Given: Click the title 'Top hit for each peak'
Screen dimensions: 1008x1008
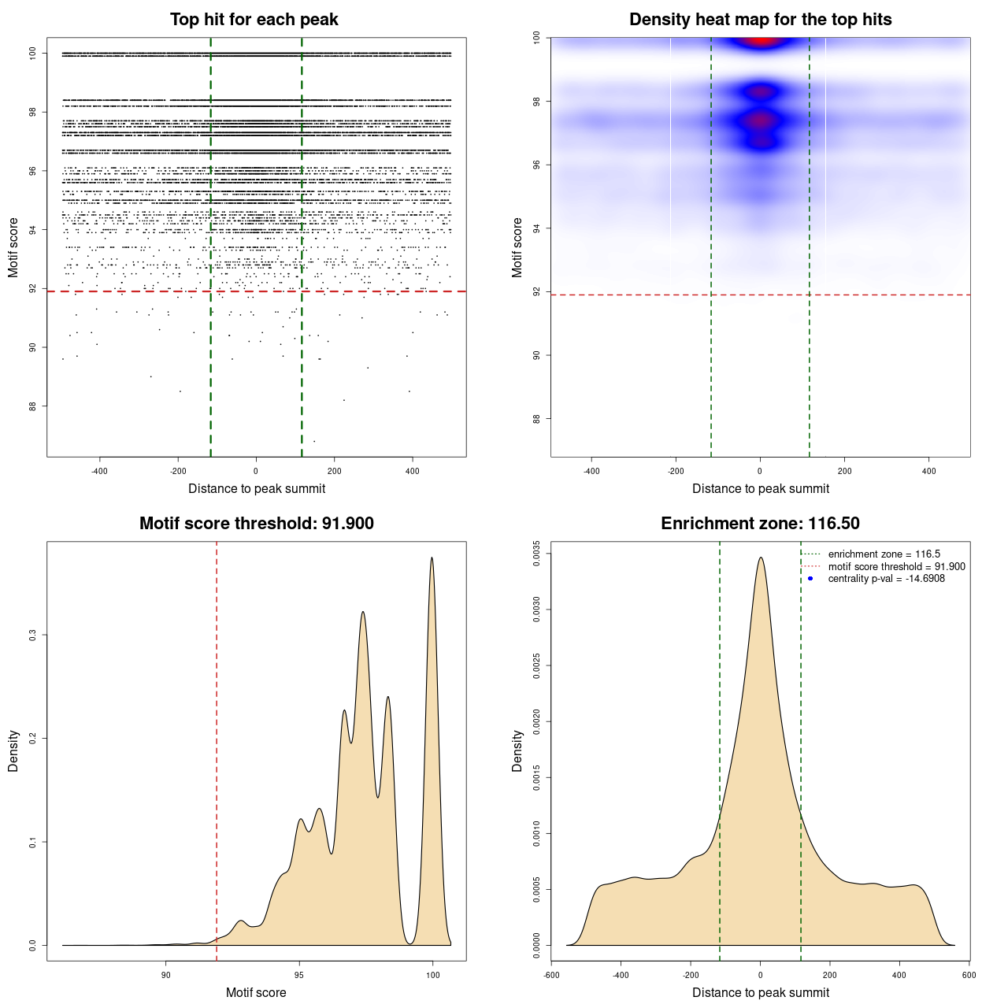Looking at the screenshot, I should [254, 20].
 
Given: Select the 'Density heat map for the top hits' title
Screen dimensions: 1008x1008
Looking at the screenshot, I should [761, 20].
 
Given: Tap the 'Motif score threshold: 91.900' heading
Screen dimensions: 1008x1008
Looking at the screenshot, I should [257, 524].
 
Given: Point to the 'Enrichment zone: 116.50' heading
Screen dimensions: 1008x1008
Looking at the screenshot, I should [761, 524].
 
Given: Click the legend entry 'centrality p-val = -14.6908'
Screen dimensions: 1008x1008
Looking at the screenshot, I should [886, 579].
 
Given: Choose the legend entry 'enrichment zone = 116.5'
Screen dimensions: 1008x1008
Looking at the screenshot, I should [884, 554].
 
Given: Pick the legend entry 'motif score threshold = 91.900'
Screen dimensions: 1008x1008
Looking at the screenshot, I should [896, 567].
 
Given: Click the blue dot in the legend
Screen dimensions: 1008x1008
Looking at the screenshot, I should [810, 579].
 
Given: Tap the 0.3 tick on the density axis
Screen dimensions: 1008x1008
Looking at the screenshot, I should [32, 635].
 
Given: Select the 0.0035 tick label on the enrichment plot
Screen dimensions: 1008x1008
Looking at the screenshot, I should [536, 554].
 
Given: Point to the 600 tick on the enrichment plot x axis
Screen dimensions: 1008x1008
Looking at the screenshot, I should [969, 975].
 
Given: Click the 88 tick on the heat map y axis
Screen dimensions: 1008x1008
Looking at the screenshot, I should [536, 419].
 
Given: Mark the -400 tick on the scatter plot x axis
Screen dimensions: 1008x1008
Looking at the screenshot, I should [99, 471].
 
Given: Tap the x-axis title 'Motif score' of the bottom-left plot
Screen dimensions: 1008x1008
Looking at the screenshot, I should [256, 993].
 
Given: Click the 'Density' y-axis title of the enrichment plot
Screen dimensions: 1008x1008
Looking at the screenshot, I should [517, 750].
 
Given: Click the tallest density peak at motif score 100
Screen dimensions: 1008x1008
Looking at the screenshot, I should [432, 558].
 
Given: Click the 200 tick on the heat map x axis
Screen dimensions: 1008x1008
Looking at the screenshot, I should [844, 471].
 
